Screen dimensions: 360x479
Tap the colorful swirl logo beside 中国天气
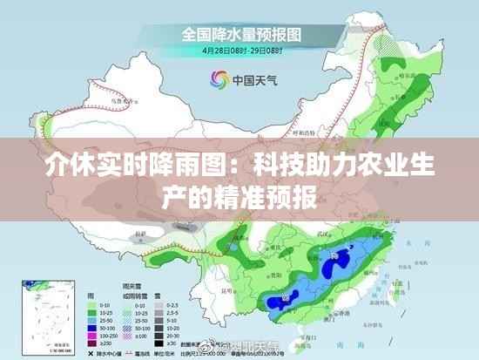(218, 79)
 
